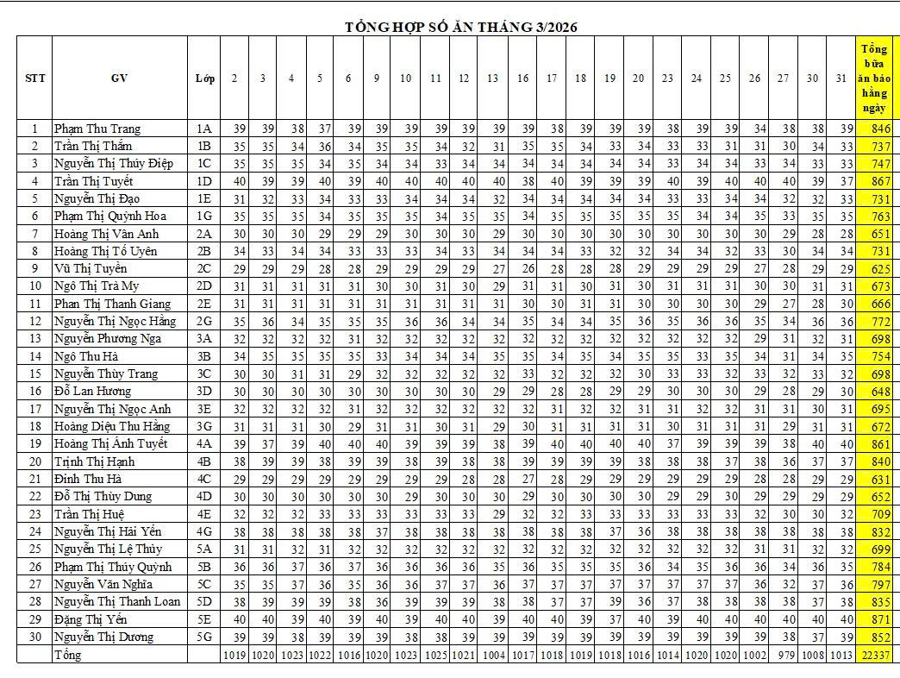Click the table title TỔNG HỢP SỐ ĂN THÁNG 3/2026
pos(461,27)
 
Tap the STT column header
pos(35,78)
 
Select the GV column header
pos(119,78)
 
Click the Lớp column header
pos(204,78)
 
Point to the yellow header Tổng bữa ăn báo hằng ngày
pos(875,78)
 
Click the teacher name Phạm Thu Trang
pos(97,129)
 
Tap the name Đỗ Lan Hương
pos(92,391)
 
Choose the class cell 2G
pos(204,321)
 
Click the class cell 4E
pos(204,514)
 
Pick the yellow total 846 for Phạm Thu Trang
pos(880,129)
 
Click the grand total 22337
pos(875,655)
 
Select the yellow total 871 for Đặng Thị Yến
pos(880,619)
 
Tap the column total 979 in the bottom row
pos(783,655)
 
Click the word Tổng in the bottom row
pos(68,655)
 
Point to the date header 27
pos(783,78)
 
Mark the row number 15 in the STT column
pos(35,374)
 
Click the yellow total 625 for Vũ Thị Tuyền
pos(880,268)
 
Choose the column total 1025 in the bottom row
pos(435,655)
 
